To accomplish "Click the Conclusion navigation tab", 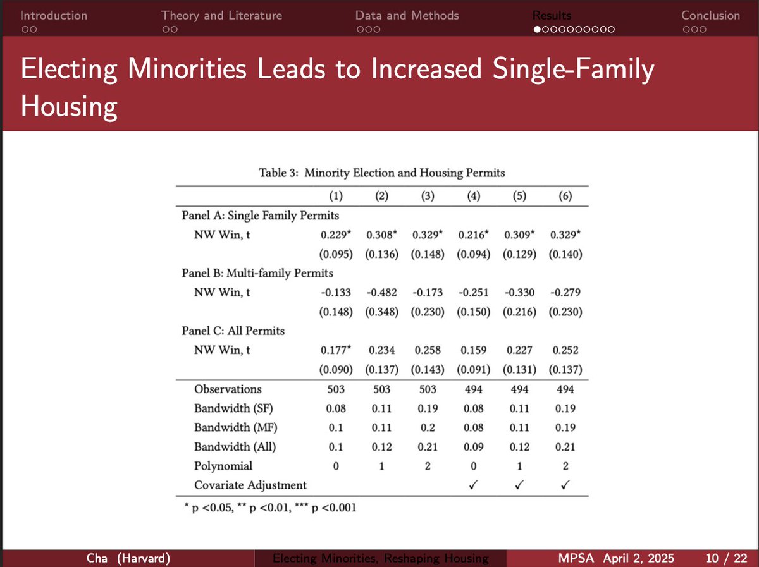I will pos(710,15).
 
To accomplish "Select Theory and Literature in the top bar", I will pos(221,15).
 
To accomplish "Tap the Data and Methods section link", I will pos(407,15).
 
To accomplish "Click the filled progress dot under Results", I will pos(537,29).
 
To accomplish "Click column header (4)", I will pos(472,196).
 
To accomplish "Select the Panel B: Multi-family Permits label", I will pos(257,273).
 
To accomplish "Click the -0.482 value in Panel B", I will pos(382,293).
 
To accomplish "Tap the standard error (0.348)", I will pos(382,312).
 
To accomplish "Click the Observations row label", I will pos(228,389).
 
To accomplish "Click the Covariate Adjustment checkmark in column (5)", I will pos(518,485).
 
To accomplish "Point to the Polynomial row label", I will pos(223,466).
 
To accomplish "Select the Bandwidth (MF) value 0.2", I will pos(428,428).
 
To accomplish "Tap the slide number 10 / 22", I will pos(726,558).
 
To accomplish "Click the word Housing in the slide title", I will pos(69,107).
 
